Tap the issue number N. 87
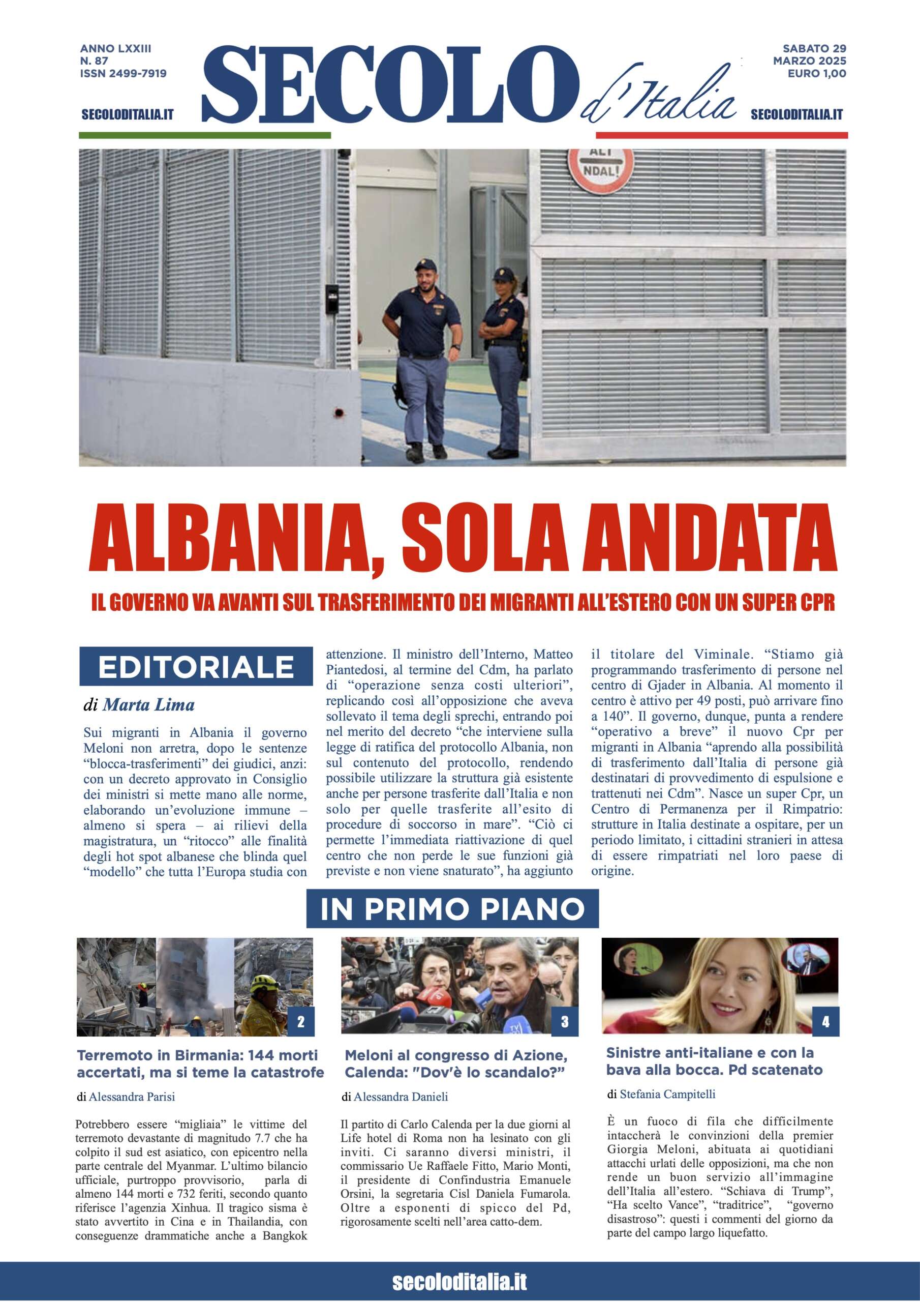click(x=94, y=61)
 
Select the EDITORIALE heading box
click(x=196, y=667)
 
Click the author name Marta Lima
click(x=148, y=705)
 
